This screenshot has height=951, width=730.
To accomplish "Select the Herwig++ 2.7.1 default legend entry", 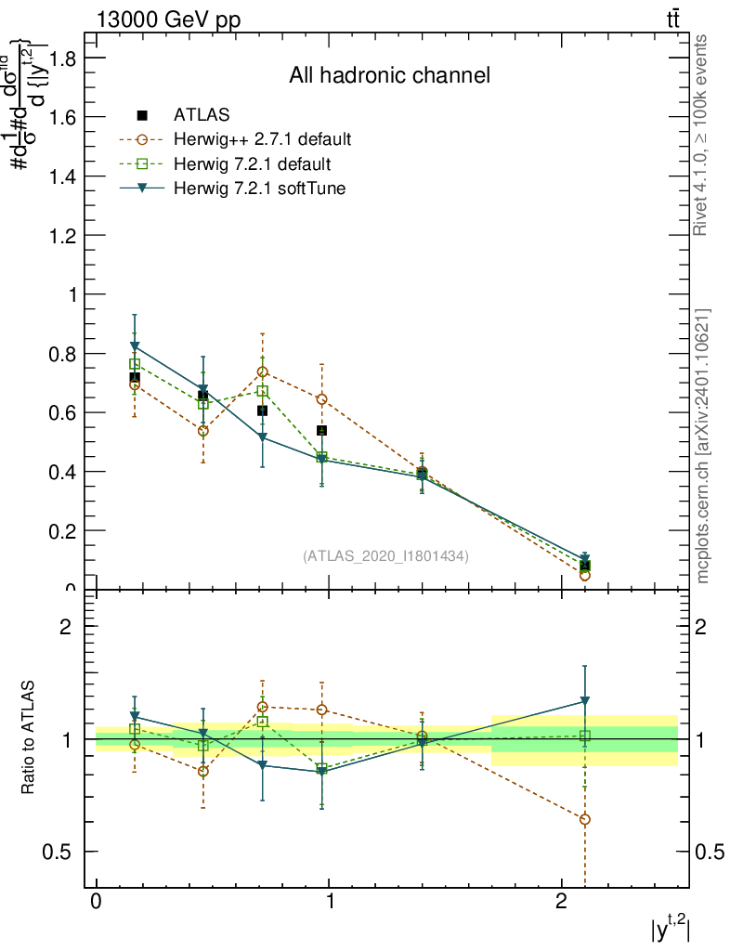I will click(x=262, y=140).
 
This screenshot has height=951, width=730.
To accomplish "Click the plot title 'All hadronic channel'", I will click(x=389, y=75).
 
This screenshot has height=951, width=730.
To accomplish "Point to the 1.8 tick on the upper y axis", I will click(x=62, y=58).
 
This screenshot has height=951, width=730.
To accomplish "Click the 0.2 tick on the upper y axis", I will click(x=62, y=531).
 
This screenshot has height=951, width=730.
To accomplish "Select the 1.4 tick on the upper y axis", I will click(x=62, y=176).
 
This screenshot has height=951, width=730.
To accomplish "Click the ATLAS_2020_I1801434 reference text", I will click(x=385, y=556).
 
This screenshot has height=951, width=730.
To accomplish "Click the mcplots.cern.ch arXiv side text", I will click(x=702, y=446).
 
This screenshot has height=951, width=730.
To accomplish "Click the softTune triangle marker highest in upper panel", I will click(x=135, y=346).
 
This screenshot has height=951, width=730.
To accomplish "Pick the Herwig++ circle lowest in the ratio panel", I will click(x=584, y=819).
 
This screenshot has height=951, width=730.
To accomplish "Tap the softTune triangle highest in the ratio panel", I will click(x=584, y=701).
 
